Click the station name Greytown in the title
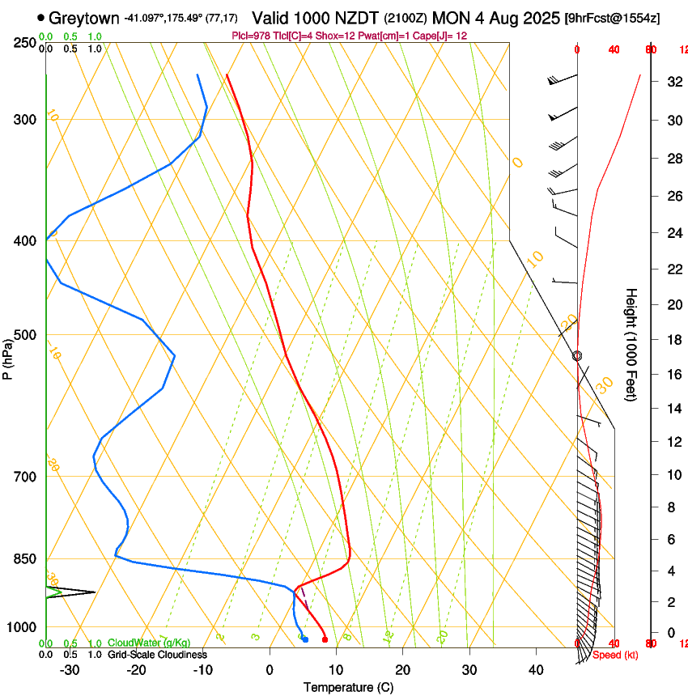84,17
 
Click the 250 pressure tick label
25,43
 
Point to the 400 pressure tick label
25,241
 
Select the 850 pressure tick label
25,559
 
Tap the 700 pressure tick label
25,477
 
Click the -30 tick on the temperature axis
70,670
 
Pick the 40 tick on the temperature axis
535,670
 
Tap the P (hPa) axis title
7,356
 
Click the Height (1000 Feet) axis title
631,345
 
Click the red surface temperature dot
325,639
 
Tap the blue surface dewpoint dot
304,639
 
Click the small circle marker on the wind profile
577,356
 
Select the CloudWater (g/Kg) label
149,643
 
